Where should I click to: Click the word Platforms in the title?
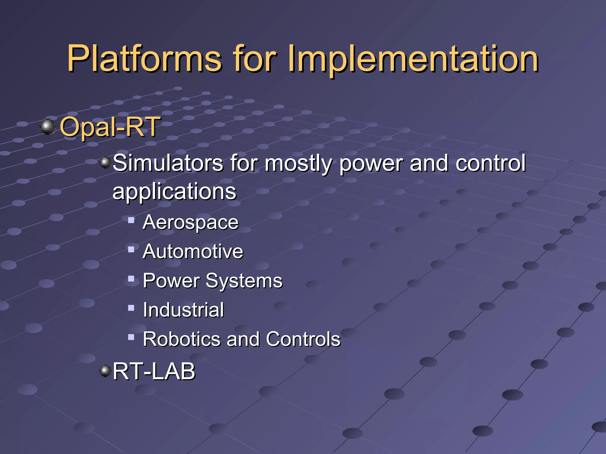144,59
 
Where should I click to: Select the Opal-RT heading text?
110,127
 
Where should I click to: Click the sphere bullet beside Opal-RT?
47,127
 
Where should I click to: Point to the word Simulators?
168,163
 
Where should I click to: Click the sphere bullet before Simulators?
105,163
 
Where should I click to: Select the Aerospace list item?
191,222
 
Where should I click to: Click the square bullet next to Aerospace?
131,220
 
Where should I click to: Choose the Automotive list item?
193,252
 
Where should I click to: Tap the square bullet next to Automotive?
131,249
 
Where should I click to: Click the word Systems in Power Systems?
244,281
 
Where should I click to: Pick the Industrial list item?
183,310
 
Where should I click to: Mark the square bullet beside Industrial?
131,308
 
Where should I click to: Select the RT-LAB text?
154,372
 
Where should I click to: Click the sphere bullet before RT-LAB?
105,371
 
